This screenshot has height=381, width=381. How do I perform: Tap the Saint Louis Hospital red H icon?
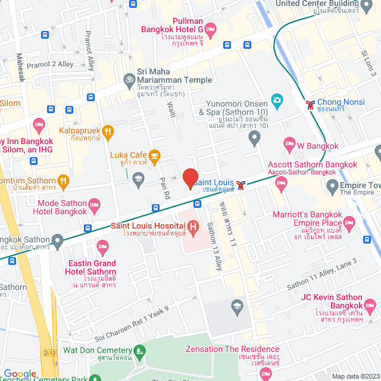pos(193,227)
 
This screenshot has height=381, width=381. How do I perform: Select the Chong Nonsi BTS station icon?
pos(310,105)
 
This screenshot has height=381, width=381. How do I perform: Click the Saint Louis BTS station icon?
pos(240,184)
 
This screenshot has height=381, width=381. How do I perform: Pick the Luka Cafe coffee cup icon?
pos(155,157)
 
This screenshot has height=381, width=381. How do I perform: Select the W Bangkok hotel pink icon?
pos(290,143)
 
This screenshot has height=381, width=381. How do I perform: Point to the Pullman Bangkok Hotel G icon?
pos(211,28)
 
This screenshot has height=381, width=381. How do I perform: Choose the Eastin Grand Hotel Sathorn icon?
pos(103,246)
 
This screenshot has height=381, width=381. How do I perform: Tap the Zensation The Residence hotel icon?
pos(266,374)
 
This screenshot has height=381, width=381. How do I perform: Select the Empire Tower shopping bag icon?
pos(332,189)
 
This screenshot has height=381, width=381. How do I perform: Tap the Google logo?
pos(20,373)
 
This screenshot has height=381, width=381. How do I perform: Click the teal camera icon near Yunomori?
pos(276,99)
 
